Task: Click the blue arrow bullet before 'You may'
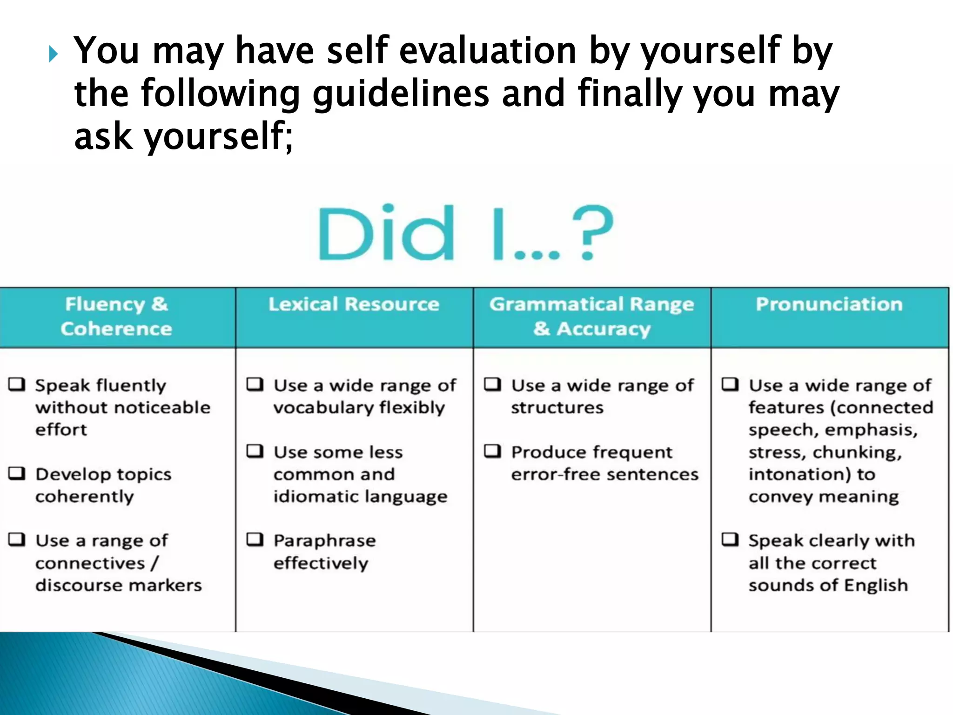(53, 54)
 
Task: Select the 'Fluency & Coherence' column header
(116, 317)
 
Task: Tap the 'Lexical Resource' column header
(354, 304)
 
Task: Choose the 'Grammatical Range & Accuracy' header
(592, 317)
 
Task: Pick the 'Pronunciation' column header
(829, 304)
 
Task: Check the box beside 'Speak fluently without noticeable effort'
(17, 384)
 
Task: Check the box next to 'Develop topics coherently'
(17, 473)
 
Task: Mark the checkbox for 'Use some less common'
(255, 451)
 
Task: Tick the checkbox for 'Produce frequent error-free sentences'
(493, 451)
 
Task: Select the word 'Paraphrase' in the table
(325, 541)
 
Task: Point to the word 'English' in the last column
(876, 586)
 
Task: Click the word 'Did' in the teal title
(386, 233)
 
